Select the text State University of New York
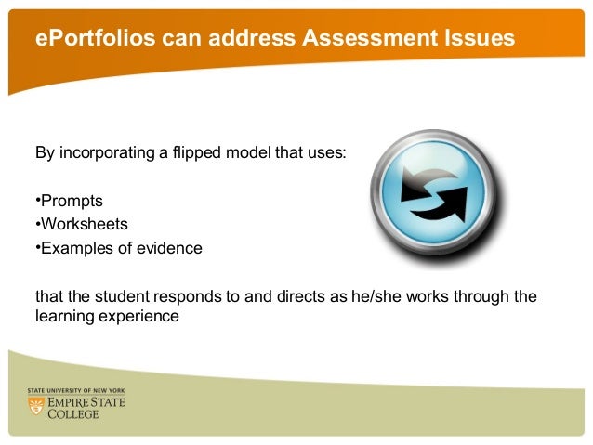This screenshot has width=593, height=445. (75, 391)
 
